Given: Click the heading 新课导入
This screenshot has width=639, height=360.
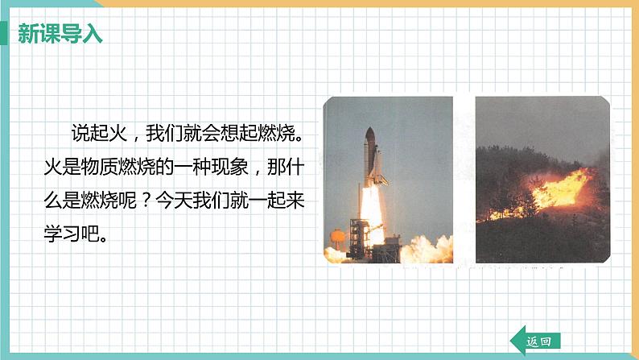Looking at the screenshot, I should coord(60,35).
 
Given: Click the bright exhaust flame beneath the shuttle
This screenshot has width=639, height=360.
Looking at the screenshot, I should coord(372,213).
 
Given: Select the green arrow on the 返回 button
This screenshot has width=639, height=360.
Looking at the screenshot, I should coord(517,341).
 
